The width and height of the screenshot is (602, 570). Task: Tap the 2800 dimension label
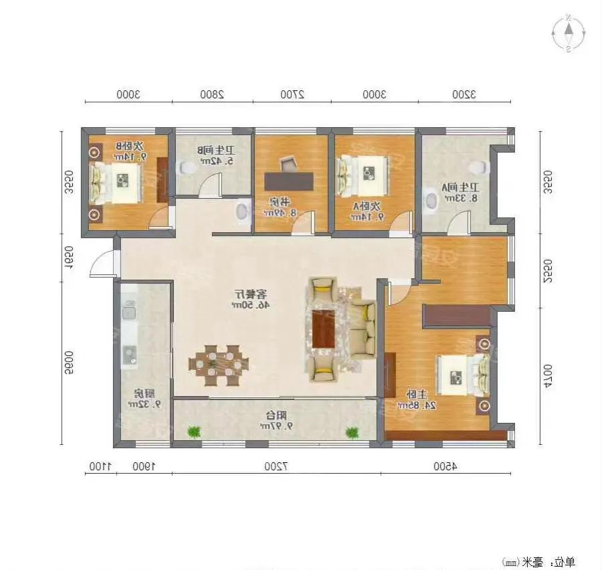coord(211,94)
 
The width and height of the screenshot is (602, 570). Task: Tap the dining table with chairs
coord(219,365)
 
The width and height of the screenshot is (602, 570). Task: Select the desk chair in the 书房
coord(288,163)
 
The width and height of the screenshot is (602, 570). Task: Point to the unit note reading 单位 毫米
coord(538,561)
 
